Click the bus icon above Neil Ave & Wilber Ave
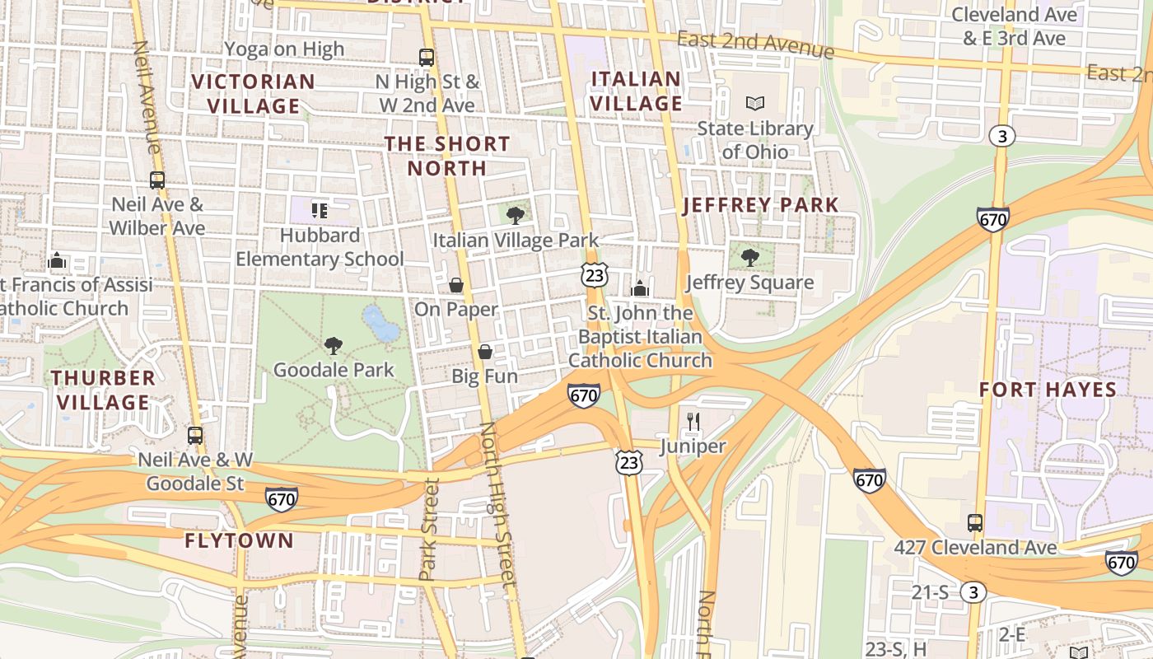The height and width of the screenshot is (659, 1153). tap(156, 180)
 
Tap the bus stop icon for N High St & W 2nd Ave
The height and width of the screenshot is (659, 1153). tap(426, 58)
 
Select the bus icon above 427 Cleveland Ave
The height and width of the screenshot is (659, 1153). tap(974, 522)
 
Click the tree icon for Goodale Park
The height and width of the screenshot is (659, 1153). tap(334, 345)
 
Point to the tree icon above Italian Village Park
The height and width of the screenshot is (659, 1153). tap(516, 216)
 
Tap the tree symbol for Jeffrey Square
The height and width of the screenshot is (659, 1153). tap(749, 258)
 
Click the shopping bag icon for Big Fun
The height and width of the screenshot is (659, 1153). tap(485, 352)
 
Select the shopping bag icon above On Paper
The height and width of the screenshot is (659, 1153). tap(455, 285)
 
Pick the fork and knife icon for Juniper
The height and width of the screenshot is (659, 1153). tap(693, 423)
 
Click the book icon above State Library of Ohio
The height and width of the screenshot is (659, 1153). tap(755, 103)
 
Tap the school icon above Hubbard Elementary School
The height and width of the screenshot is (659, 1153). tap(320, 210)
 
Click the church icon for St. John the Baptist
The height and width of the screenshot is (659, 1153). tap(639, 288)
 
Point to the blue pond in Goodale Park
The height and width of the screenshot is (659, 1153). tap(380, 324)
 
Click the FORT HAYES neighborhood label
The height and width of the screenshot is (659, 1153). tap(1048, 390)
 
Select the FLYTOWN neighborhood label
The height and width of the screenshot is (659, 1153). tap(239, 540)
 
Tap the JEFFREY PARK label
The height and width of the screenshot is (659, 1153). tap(761, 205)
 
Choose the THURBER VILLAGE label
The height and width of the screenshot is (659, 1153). tap(104, 390)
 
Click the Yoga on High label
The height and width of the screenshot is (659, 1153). tap(284, 49)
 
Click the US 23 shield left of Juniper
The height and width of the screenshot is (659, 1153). tap(628, 462)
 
